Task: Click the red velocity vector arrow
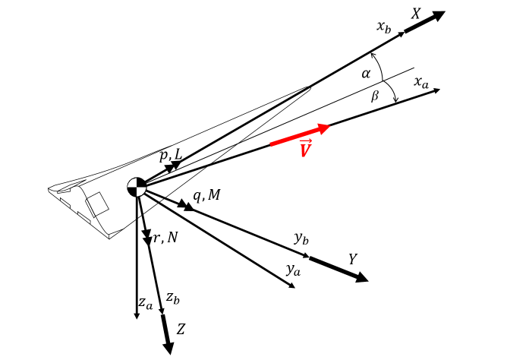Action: (x=300, y=135)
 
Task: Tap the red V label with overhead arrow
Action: (x=306, y=149)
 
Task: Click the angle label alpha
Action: (x=366, y=74)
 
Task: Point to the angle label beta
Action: (x=374, y=96)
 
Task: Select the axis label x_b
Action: (x=383, y=27)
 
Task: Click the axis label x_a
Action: (x=421, y=82)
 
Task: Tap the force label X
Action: (x=416, y=14)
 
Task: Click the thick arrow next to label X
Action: (x=424, y=22)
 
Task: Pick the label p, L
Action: (x=171, y=155)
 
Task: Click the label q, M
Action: (x=206, y=195)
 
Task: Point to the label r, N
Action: (x=165, y=238)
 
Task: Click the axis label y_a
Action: (x=293, y=269)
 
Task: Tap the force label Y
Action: (x=352, y=260)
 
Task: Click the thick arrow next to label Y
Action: (x=338, y=270)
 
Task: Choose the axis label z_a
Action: (x=145, y=303)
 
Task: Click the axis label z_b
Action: (x=173, y=298)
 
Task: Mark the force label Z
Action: (x=181, y=330)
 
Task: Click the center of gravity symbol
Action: (x=137, y=187)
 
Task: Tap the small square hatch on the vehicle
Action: (x=97, y=204)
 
